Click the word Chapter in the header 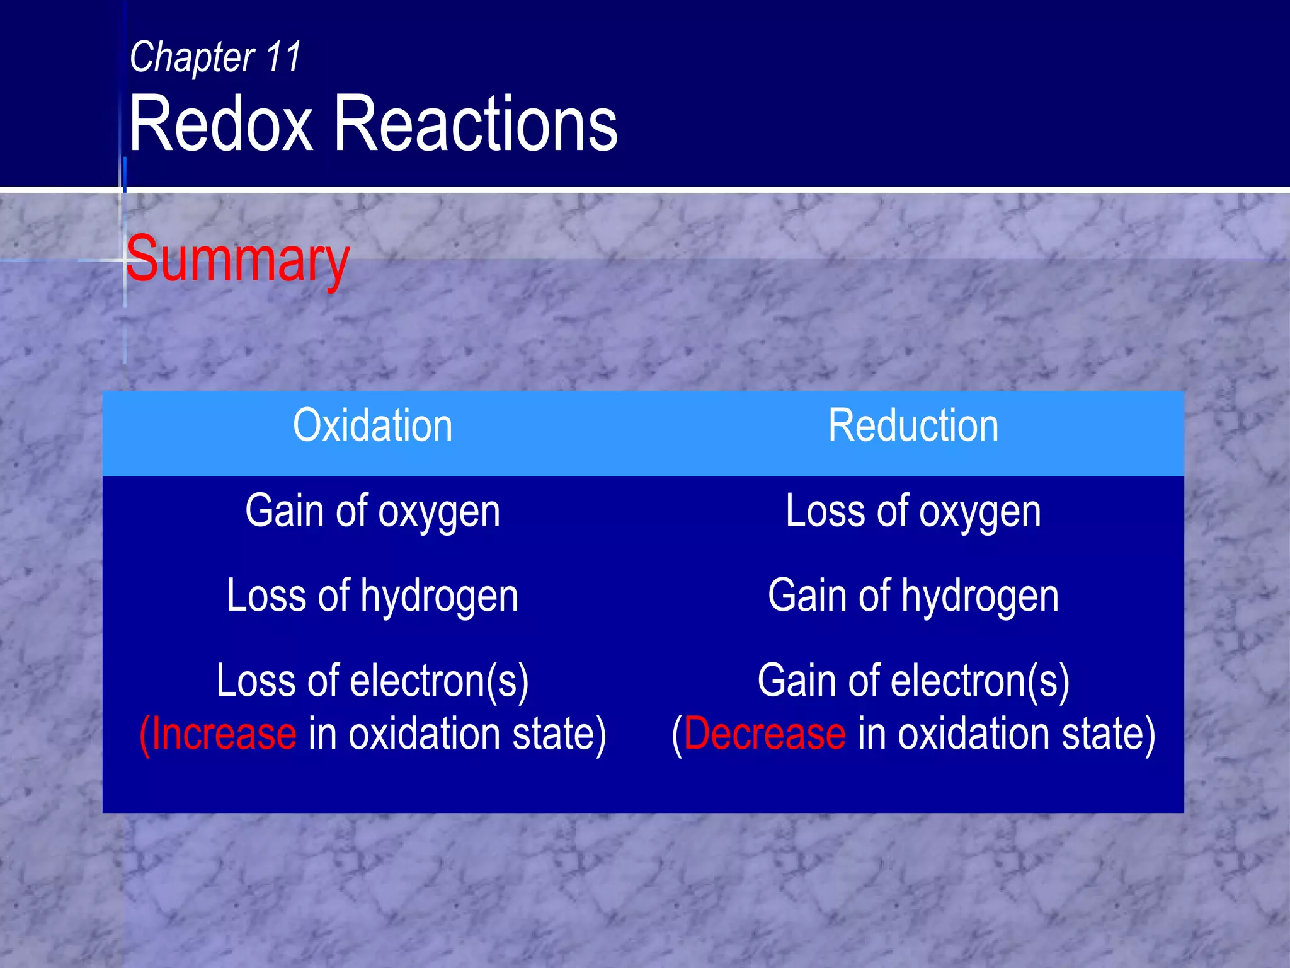point(191,58)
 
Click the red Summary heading point(237,260)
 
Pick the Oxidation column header point(372,426)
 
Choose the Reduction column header point(913,426)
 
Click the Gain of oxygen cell point(372,512)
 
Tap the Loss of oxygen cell point(913,512)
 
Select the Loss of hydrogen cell point(372,596)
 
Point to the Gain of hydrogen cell point(913,596)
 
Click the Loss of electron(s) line point(372,681)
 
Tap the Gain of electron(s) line point(913,681)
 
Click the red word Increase point(223,734)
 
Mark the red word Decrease point(764,734)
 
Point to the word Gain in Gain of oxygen point(283,510)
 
